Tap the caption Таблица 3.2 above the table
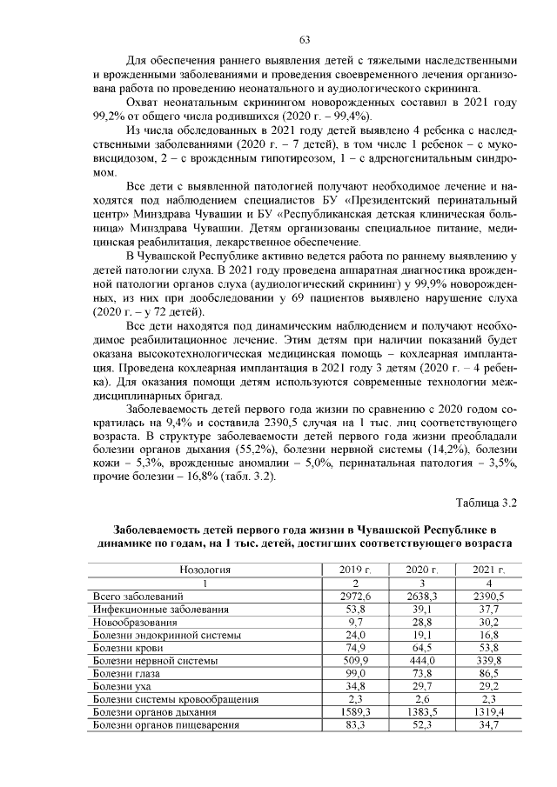coord(487,503)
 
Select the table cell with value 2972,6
coord(355,597)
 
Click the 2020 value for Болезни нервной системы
coord(420,661)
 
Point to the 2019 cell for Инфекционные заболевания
coord(355,610)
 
